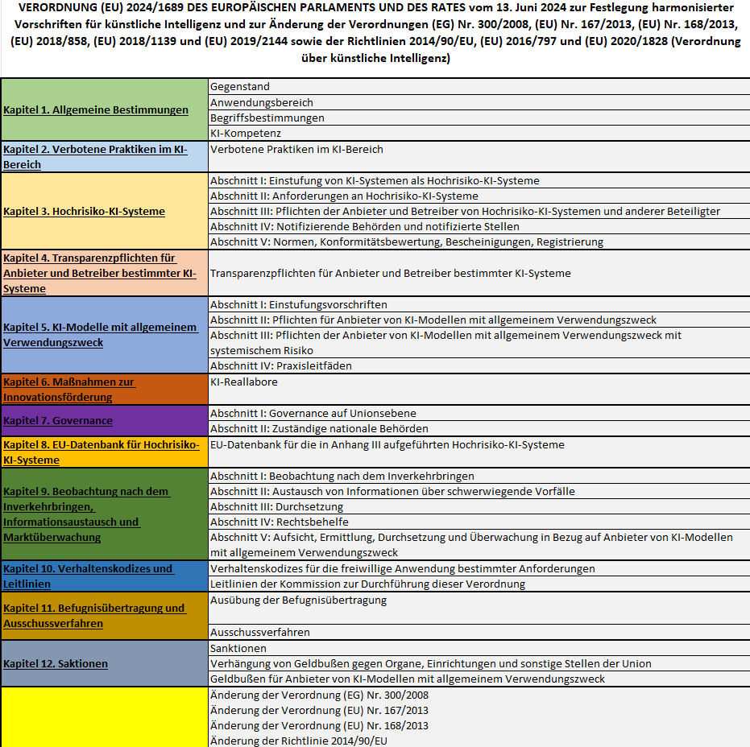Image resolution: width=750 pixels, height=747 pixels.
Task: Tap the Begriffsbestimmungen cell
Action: (255, 118)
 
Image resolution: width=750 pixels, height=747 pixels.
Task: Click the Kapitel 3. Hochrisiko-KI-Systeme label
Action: (84, 212)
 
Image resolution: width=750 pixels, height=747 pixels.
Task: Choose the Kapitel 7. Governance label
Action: (58, 421)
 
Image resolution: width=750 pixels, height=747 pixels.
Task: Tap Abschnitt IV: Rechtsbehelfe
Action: (279, 522)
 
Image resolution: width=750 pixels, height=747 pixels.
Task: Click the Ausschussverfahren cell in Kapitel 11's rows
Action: (259, 633)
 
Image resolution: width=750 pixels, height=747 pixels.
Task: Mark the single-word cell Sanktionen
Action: (238, 648)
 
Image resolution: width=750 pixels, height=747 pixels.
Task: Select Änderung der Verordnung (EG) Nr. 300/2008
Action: (319, 695)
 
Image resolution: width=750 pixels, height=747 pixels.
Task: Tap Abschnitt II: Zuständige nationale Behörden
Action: (319, 429)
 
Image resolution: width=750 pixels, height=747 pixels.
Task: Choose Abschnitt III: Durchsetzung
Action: (276, 507)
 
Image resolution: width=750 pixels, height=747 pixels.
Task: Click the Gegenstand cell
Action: (239, 87)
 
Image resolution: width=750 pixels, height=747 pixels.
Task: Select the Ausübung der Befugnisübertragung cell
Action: (298, 600)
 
